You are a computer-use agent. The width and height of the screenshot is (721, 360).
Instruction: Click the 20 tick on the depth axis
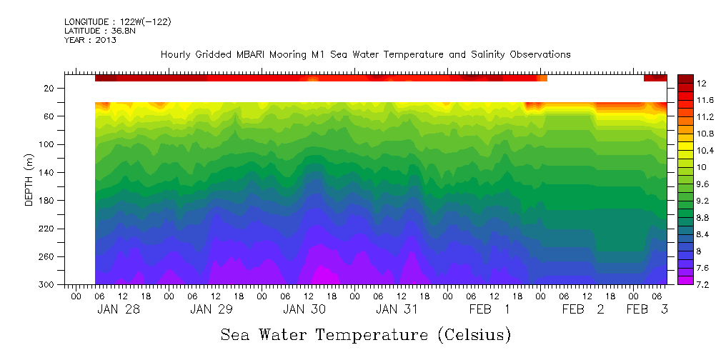tap(50, 88)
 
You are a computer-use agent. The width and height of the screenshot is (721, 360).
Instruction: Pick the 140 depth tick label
tap(48, 172)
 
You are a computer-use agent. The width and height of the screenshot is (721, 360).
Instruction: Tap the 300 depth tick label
tap(48, 284)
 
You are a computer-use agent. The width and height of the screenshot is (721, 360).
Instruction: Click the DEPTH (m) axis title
tap(29, 182)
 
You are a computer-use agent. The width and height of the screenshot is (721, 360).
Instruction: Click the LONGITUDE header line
tap(117, 22)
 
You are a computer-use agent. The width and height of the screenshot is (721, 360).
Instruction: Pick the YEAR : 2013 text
tap(90, 40)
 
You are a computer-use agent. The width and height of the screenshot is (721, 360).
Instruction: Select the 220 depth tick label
tap(48, 229)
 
